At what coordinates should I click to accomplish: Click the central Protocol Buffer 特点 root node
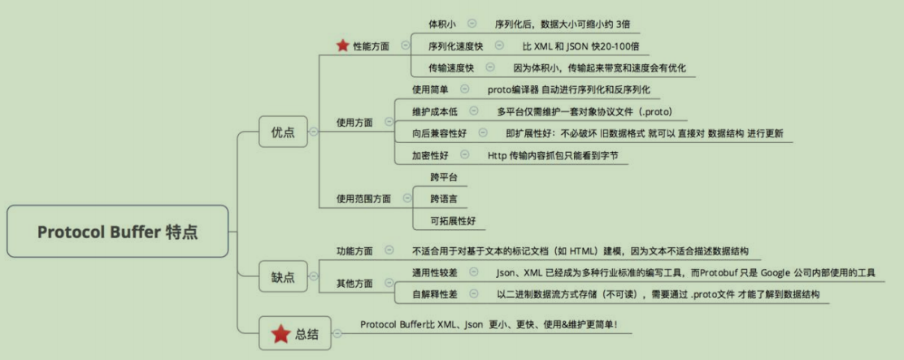pyautogui.click(x=118, y=231)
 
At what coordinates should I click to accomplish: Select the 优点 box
pyautogui.click(x=283, y=132)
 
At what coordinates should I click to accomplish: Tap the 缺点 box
pyautogui.click(x=283, y=277)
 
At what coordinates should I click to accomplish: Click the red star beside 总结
pyautogui.click(x=280, y=333)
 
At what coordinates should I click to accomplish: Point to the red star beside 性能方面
pyautogui.click(x=342, y=45)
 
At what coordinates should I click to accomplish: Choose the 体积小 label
pyautogui.click(x=442, y=24)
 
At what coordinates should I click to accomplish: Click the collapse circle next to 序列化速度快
pyautogui.click(x=499, y=45)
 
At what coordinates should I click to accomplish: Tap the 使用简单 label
pyautogui.click(x=430, y=89)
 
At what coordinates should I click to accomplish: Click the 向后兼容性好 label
pyautogui.click(x=439, y=133)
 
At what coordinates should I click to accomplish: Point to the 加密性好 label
pyautogui.click(x=430, y=155)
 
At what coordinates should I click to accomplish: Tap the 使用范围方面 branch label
pyautogui.click(x=363, y=199)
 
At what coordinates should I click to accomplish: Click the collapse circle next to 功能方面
pyautogui.click(x=389, y=250)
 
